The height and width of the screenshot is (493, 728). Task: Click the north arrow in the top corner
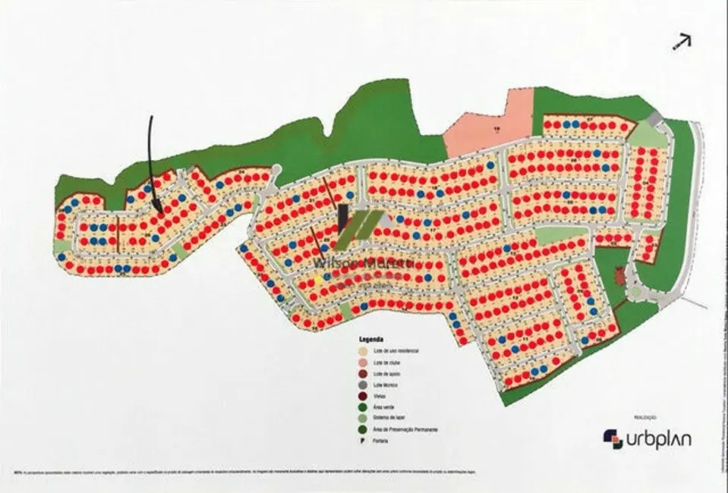pyautogui.click(x=681, y=42)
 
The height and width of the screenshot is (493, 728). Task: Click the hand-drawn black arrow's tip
pyautogui.click(x=158, y=211)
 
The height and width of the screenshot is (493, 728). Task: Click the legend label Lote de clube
pyautogui.click(x=388, y=363)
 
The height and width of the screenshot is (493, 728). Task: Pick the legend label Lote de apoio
pyautogui.click(x=388, y=374)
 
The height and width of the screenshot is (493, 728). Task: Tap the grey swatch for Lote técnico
pyautogui.click(x=363, y=385)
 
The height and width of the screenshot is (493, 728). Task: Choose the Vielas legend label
pyautogui.click(x=380, y=397)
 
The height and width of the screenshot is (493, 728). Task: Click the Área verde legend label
pyautogui.click(x=384, y=408)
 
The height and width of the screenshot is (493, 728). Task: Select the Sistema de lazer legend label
pyautogui.click(x=389, y=419)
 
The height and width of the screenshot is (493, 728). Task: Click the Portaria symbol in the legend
pyautogui.click(x=363, y=441)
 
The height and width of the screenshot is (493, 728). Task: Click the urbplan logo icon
pyautogui.click(x=613, y=438)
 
